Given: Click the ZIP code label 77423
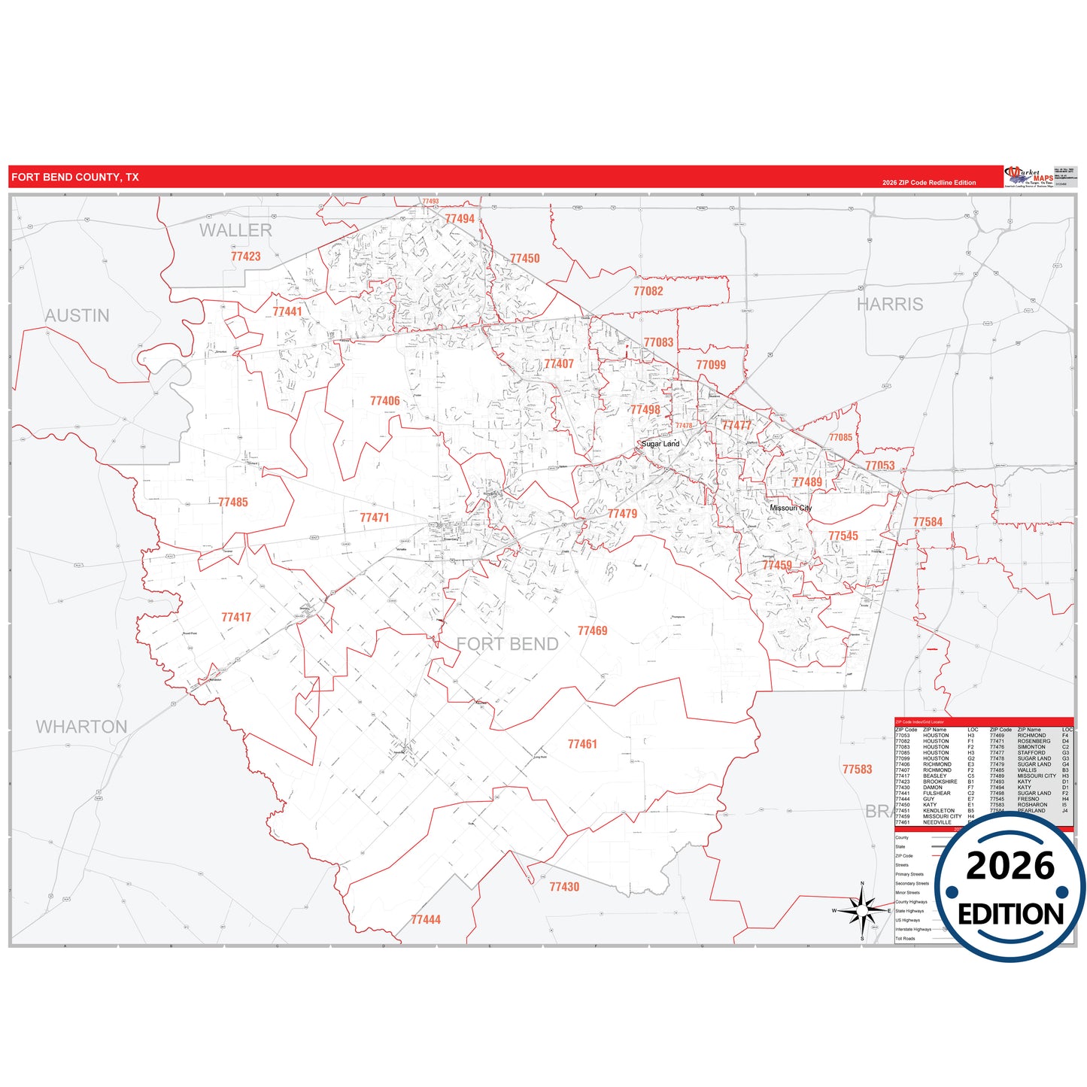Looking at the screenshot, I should tap(245, 257).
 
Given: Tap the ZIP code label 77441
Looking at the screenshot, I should tap(287, 311).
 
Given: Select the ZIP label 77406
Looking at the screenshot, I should tap(384, 401).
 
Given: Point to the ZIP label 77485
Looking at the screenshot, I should tap(232, 502).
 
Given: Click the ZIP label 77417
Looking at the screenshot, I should tap(236, 617).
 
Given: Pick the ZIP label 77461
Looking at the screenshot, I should tap(582, 744).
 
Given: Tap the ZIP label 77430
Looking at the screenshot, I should tap(564, 887).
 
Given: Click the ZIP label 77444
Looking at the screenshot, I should tap(426, 919).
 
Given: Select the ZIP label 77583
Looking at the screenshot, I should tap(858, 769).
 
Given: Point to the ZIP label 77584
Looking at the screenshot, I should tap(928, 521).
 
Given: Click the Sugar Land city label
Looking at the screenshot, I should tap(660, 444).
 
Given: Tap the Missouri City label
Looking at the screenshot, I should tap(791, 508).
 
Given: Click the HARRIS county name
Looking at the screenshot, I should tap(890, 304).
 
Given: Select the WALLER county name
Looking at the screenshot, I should tap(235, 230).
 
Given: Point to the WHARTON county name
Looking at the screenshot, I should tap(81, 727).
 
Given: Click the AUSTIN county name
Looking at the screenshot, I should tap(77, 315).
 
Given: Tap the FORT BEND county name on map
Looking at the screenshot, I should tap(508, 644).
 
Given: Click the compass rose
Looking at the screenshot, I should tap(862, 910).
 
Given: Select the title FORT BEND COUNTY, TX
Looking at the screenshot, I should tap(75, 178).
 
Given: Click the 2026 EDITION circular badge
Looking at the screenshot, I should tap(1010, 888).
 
